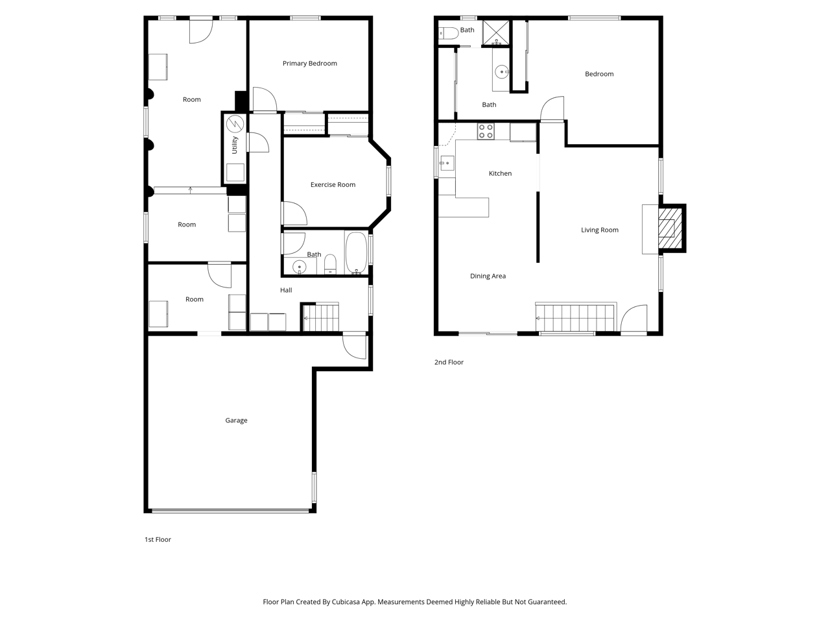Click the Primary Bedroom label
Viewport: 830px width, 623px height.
(x=310, y=64)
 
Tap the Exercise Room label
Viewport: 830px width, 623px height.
(x=333, y=184)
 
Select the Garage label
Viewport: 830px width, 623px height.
(x=236, y=421)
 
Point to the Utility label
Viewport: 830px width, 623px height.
(x=235, y=145)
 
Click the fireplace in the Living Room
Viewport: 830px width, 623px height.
(x=670, y=228)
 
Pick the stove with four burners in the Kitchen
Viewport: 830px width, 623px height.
(x=486, y=131)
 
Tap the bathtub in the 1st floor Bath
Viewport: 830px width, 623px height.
(x=356, y=252)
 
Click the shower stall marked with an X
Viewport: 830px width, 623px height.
(x=496, y=32)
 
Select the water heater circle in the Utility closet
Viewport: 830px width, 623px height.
(x=235, y=124)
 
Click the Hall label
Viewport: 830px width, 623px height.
(x=286, y=290)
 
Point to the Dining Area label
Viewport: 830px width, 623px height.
(x=488, y=276)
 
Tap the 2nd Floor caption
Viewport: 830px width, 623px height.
(x=449, y=362)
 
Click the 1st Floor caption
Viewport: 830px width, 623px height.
(x=158, y=539)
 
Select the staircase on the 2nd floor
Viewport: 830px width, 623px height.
(x=575, y=317)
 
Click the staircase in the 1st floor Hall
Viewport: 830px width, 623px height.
(x=321, y=317)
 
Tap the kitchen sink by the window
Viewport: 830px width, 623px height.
(x=447, y=163)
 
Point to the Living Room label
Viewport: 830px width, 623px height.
(x=600, y=230)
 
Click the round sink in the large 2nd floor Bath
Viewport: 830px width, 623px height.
(x=502, y=71)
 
